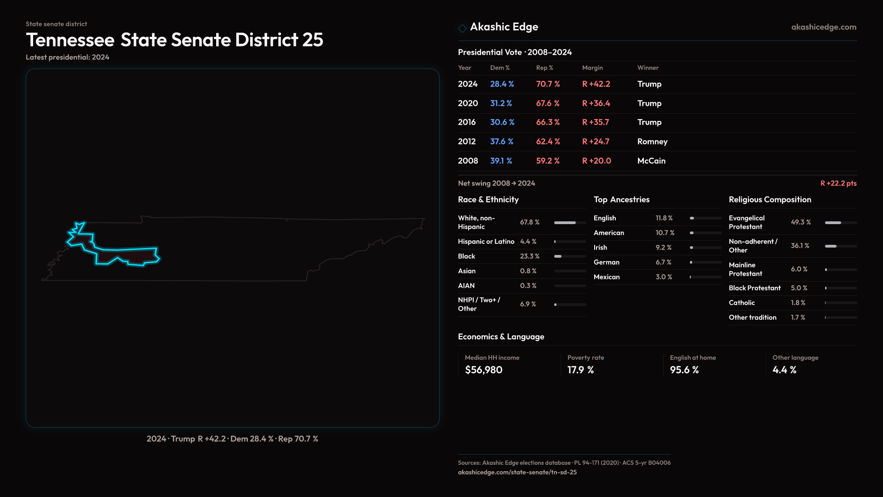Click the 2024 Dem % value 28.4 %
(x=502, y=84)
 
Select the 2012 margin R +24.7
(x=596, y=142)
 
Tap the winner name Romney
(x=652, y=142)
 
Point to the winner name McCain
(x=651, y=161)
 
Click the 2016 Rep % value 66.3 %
(x=548, y=122)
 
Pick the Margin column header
(x=592, y=68)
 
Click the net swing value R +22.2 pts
(x=838, y=183)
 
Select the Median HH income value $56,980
(x=483, y=370)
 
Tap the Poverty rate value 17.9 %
(x=580, y=370)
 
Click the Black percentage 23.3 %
(x=529, y=256)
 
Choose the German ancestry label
(x=606, y=262)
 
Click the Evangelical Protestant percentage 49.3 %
(x=801, y=222)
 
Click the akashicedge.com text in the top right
(x=823, y=27)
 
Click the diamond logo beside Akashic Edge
(x=462, y=28)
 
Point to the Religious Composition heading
(x=770, y=200)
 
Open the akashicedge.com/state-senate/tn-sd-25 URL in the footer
(x=517, y=472)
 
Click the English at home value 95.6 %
(x=684, y=370)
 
